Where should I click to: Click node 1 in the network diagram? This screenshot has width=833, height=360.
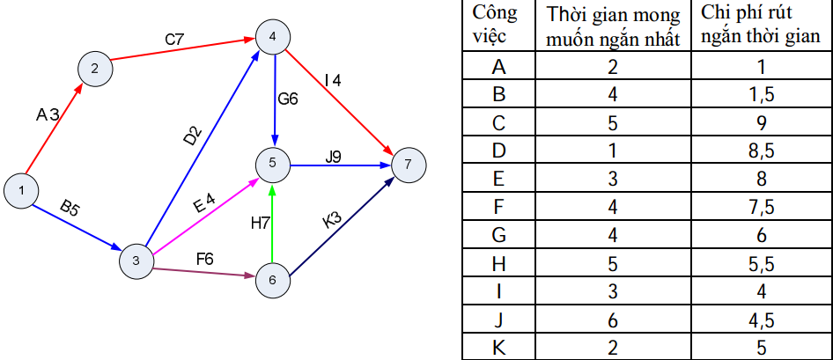[21, 188]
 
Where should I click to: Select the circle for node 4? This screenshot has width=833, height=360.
[273, 36]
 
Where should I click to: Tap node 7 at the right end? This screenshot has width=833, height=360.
[408, 165]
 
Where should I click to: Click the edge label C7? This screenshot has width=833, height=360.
[174, 40]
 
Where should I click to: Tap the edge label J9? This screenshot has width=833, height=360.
[333, 157]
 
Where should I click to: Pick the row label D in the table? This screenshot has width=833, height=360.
[499, 151]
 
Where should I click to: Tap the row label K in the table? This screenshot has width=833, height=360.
[499, 347]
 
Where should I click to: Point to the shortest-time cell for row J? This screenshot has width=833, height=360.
[613, 319]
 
